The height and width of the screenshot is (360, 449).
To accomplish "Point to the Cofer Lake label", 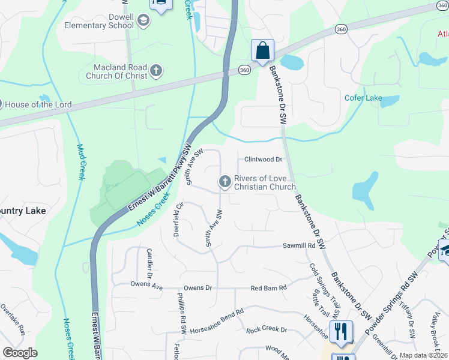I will pyautogui.click(x=363, y=98).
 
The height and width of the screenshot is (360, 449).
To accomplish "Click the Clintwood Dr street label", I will pyautogui.click(x=263, y=160).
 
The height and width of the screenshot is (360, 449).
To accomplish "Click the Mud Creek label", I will pyautogui.click(x=80, y=162).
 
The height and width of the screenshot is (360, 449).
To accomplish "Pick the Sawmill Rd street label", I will pyautogui.click(x=299, y=246).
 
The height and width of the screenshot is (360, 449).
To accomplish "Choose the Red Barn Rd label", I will pyautogui.click(x=269, y=288).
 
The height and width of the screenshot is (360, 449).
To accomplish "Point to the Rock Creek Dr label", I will pyautogui.click(x=267, y=330).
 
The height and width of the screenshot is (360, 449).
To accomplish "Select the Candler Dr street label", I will pyautogui.click(x=150, y=259).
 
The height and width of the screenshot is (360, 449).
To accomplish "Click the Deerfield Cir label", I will pyautogui.click(x=178, y=219).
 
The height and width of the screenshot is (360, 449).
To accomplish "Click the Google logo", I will pyautogui.click(x=20, y=352).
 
